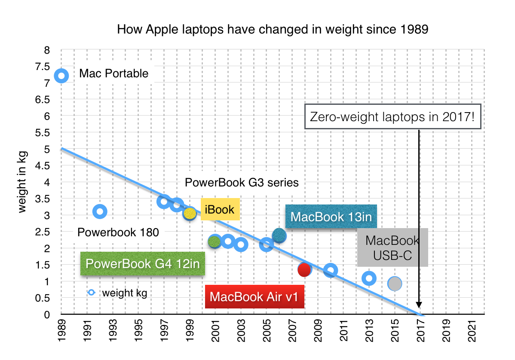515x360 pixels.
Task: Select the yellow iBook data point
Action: click(190, 214)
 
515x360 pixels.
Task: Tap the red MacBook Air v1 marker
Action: click(304, 270)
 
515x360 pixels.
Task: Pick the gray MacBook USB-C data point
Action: click(395, 284)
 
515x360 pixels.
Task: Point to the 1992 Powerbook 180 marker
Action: click(100, 211)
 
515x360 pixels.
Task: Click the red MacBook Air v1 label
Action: click(255, 297)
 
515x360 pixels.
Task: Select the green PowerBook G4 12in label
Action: click(142, 263)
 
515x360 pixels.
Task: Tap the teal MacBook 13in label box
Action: click(331, 217)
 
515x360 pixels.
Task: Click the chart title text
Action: click(273, 30)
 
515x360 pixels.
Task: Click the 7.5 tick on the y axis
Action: click(44, 67)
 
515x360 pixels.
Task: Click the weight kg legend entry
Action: click(118, 293)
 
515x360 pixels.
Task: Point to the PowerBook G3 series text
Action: click(241, 183)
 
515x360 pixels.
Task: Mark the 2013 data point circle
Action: click(369, 278)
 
